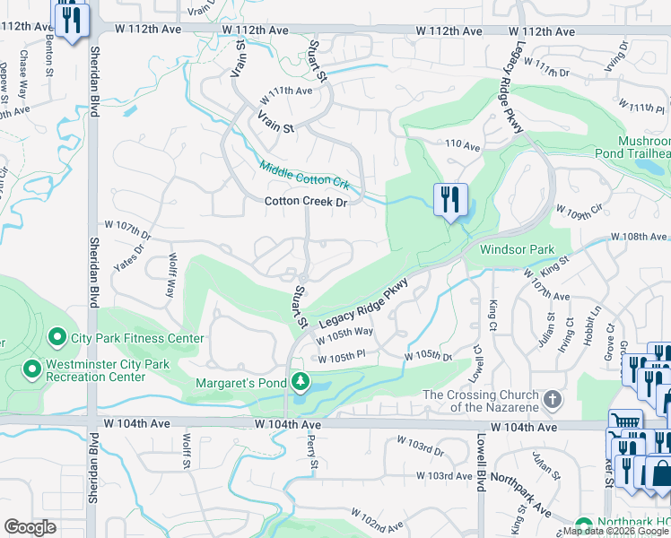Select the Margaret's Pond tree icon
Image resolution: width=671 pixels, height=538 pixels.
coord(301,383)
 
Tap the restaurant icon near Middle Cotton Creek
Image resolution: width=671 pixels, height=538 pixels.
coord(449,198)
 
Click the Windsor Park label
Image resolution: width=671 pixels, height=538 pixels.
coord(517,249)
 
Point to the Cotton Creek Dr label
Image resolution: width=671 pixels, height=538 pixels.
coord(305,202)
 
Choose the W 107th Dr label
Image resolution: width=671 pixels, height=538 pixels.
coord(128,238)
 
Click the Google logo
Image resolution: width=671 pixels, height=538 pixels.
coord(30,527)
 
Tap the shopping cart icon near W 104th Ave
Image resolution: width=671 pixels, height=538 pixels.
coord(624,424)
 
